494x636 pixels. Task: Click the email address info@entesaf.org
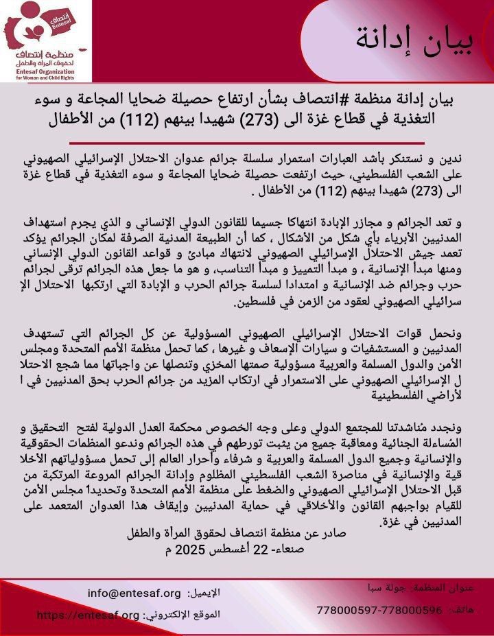click(134, 593)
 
